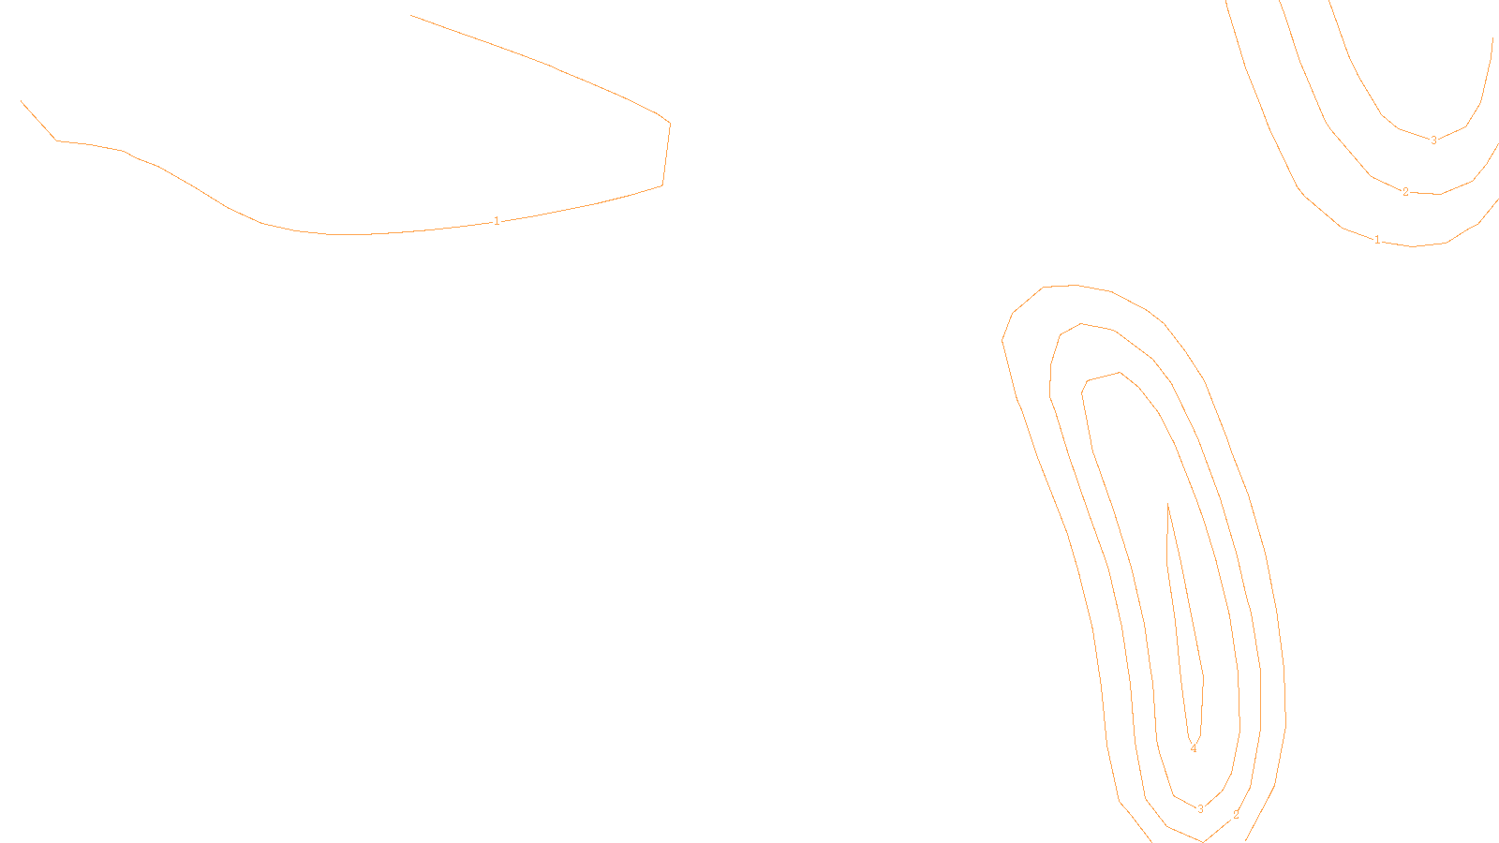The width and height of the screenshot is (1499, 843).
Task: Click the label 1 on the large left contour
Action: pos(497,221)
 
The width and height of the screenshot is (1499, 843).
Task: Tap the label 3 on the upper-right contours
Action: pos(1433,140)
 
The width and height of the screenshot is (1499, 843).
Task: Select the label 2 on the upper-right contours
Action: pos(1405,192)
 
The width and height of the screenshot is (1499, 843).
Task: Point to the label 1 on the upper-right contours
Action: pos(1377,240)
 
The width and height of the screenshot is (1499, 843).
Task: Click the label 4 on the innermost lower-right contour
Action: pos(1193,748)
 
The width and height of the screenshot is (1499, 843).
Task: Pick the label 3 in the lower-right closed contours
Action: pos(1200,809)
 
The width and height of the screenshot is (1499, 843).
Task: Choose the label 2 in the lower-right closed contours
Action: pos(1236,815)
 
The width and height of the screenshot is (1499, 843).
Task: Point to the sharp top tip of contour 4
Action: pos(1167,505)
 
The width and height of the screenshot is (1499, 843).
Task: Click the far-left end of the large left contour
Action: pos(22,101)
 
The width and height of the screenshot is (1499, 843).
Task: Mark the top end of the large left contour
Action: pos(411,15)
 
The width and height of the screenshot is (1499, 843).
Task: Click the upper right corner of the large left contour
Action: pos(669,123)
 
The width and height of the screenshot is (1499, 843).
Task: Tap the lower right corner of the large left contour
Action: pos(662,185)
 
